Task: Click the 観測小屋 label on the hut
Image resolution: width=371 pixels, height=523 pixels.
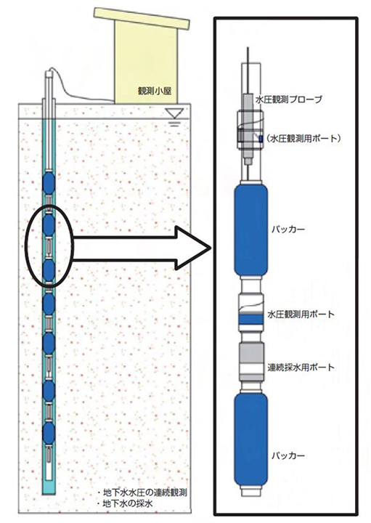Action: (155, 91)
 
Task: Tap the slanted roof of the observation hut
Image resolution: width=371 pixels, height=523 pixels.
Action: (142, 17)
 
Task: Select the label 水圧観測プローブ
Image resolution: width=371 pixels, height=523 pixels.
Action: (289, 99)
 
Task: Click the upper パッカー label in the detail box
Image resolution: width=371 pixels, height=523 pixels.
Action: (288, 230)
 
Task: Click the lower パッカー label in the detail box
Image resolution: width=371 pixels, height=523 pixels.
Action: (288, 455)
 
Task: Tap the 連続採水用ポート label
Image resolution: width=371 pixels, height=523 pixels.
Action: (301, 368)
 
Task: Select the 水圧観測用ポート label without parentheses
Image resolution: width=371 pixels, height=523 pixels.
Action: (301, 315)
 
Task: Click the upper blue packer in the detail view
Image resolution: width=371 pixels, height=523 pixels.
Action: (251, 230)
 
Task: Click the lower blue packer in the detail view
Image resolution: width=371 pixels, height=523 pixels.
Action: (251, 439)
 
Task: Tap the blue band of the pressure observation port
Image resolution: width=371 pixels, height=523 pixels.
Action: (251, 320)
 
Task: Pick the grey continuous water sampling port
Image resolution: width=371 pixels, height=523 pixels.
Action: (251, 361)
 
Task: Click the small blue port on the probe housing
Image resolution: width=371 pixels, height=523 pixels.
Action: (261, 139)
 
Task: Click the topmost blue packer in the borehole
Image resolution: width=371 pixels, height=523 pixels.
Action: (49, 183)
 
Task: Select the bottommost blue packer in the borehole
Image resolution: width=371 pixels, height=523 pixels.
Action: (49, 433)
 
